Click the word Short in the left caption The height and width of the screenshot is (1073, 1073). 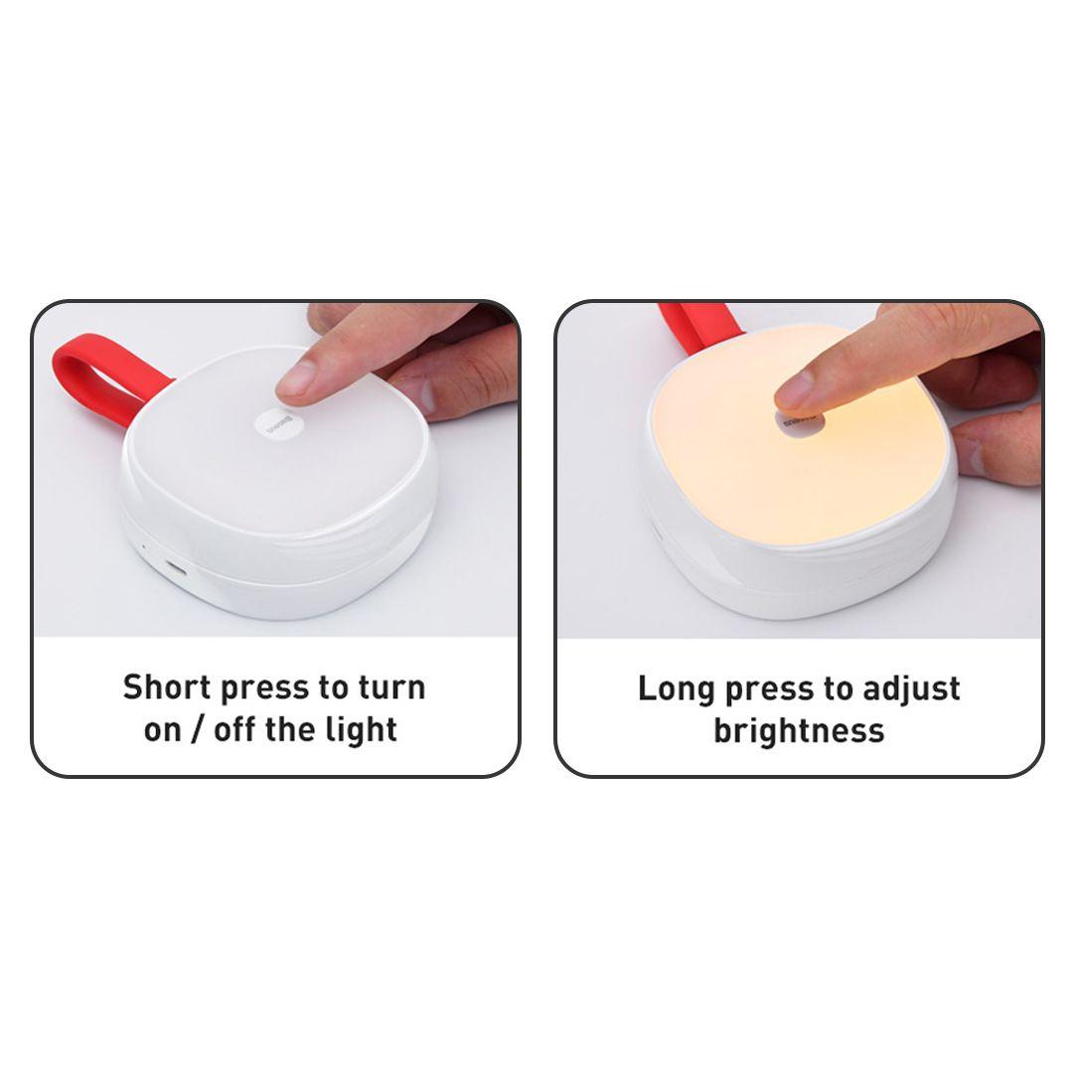pyautogui.click(x=167, y=688)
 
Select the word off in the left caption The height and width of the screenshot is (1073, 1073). pyautogui.click(x=234, y=729)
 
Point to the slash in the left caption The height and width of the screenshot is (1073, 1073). pyautogui.click(x=197, y=729)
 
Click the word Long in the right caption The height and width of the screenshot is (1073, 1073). pyautogui.click(x=677, y=690)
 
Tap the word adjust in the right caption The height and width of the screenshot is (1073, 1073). pyautogui.click(x=911, y=690)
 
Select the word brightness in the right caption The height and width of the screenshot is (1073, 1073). pyautogui.click(x=799, y=730)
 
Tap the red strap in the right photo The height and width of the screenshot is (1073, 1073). pyautogui.click(x=694, y=327)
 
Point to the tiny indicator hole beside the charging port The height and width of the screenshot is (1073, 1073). pyautogui.click(x=144, y=546)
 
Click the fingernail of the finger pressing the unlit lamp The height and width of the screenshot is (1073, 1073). pyautogui.click(x=296, y=378)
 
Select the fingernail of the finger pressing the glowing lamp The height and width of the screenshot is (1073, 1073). pyautogui.click(x=793, y=391)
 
